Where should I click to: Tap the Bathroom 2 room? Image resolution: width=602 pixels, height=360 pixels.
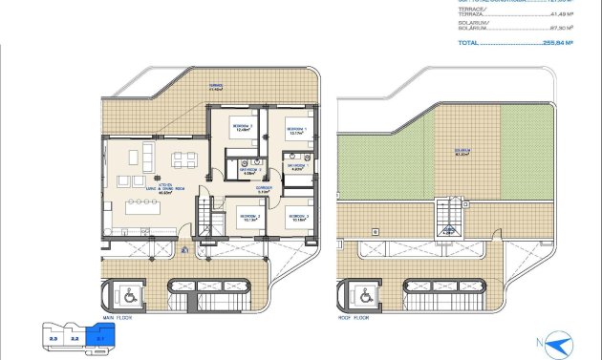click(249, 172)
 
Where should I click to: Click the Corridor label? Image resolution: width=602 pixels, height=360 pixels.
click(265, 190)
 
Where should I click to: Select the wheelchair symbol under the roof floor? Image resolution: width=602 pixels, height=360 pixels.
click(364, 295)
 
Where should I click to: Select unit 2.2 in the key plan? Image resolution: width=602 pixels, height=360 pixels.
click(74, 337)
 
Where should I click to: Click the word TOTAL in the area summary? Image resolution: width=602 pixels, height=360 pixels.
click(468, 43)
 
